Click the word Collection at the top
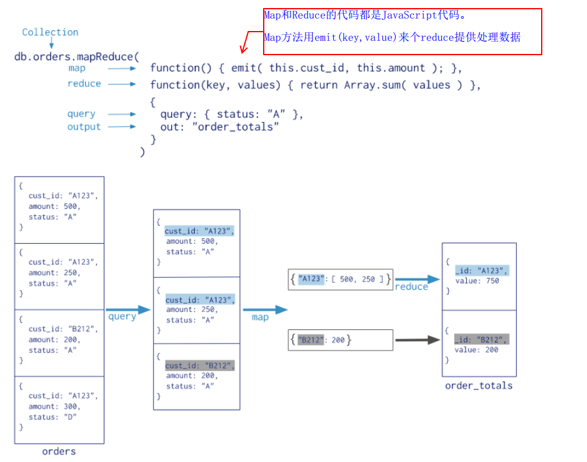[50, 32]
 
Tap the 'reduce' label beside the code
[84, 84]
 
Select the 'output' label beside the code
[84, 127]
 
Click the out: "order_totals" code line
[220, 127]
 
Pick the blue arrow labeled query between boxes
[128, 309]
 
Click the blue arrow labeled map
[265, 309]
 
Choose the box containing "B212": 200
[341, 340]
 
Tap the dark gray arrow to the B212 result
[417, 340]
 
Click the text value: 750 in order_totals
[477, 281]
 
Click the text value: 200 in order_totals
[477, 350]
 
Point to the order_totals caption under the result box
[479, 386]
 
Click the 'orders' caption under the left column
[59, 451]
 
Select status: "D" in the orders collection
[53, 417]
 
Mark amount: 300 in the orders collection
[55, 407]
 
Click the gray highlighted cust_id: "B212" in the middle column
[200, 365]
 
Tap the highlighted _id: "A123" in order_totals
[482, 270]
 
